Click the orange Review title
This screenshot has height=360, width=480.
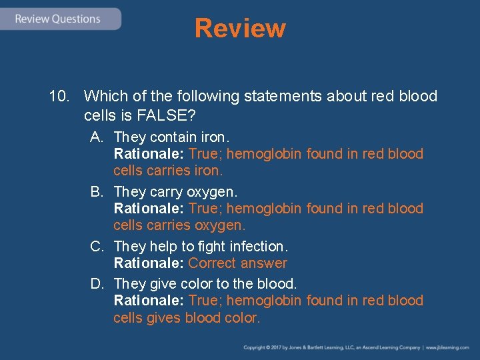click(240, 29)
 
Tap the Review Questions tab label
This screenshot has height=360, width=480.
click(57, 19)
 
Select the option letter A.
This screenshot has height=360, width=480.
click(97, 137)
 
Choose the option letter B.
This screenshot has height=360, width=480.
click(97, 192)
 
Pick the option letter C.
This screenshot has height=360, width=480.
click(97, 247)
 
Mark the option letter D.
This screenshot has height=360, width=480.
click(97, 284)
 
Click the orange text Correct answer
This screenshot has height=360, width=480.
click(238, 263)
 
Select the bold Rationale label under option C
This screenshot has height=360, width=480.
click(149, 263)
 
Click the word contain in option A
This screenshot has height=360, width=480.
click(173, 137)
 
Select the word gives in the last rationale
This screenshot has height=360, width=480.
click(173, 318)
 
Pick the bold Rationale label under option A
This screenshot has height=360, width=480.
click(149, 154)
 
